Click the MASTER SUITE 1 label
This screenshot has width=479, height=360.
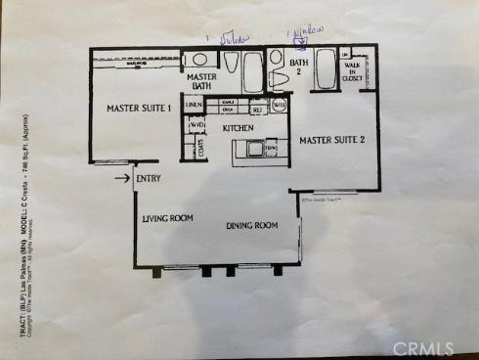point(139,109)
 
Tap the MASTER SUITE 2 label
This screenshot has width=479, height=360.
point(331,140)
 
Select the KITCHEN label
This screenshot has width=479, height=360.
point(239,128)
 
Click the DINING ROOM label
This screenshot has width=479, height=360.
point(252,226)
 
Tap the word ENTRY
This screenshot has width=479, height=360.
point(149,178)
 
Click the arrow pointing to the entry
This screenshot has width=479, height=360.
point(121,177)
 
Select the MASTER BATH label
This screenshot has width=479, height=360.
point(201,81)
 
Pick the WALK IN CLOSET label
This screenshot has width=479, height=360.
point(353,75)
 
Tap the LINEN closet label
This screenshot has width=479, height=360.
point(194,104)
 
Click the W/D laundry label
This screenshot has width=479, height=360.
point(196,126)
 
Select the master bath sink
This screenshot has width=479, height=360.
point(198,60)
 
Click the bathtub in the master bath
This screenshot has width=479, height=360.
point(252,70)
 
